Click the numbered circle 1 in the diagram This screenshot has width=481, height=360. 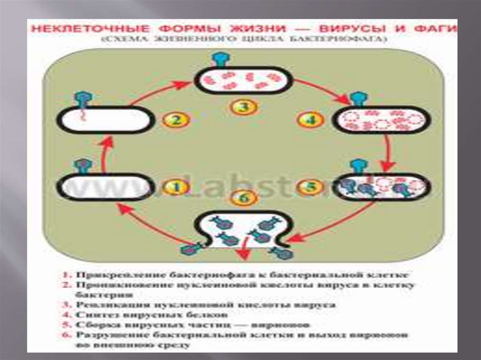point(176,187)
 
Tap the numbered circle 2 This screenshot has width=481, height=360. point(176,120)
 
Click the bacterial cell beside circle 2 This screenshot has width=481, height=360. point(106,120)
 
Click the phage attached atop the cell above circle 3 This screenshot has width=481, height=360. point(220,59)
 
